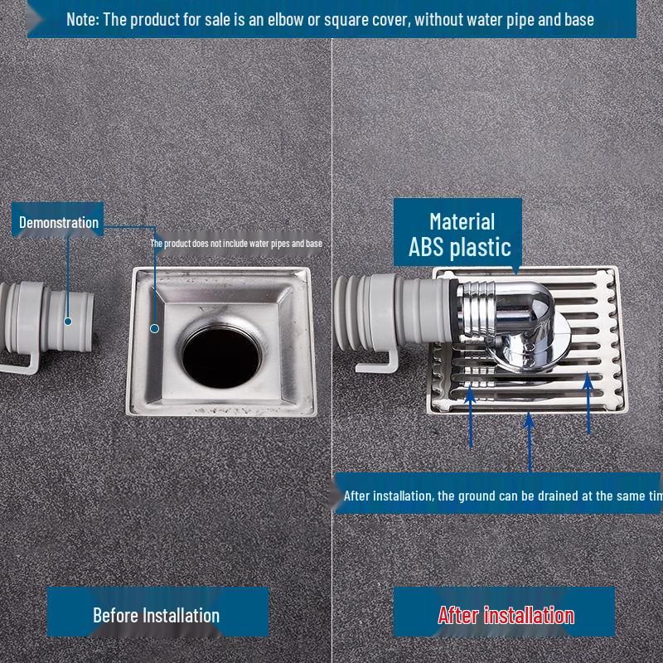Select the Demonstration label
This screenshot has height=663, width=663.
click(x=59, y=222)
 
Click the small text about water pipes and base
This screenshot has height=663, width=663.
click(x=236, y=244)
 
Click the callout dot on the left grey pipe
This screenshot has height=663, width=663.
click(x=68, y=321)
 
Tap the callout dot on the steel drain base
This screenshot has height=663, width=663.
click(x=154, y=328)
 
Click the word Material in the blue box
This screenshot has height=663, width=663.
click(x=462, y=221)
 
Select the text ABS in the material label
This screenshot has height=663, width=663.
click(x=430, y=247)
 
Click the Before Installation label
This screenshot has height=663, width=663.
click(x=156, y=615)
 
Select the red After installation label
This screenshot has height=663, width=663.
click(x=506, y=615)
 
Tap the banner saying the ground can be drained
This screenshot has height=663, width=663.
click(x=501, y=496)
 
